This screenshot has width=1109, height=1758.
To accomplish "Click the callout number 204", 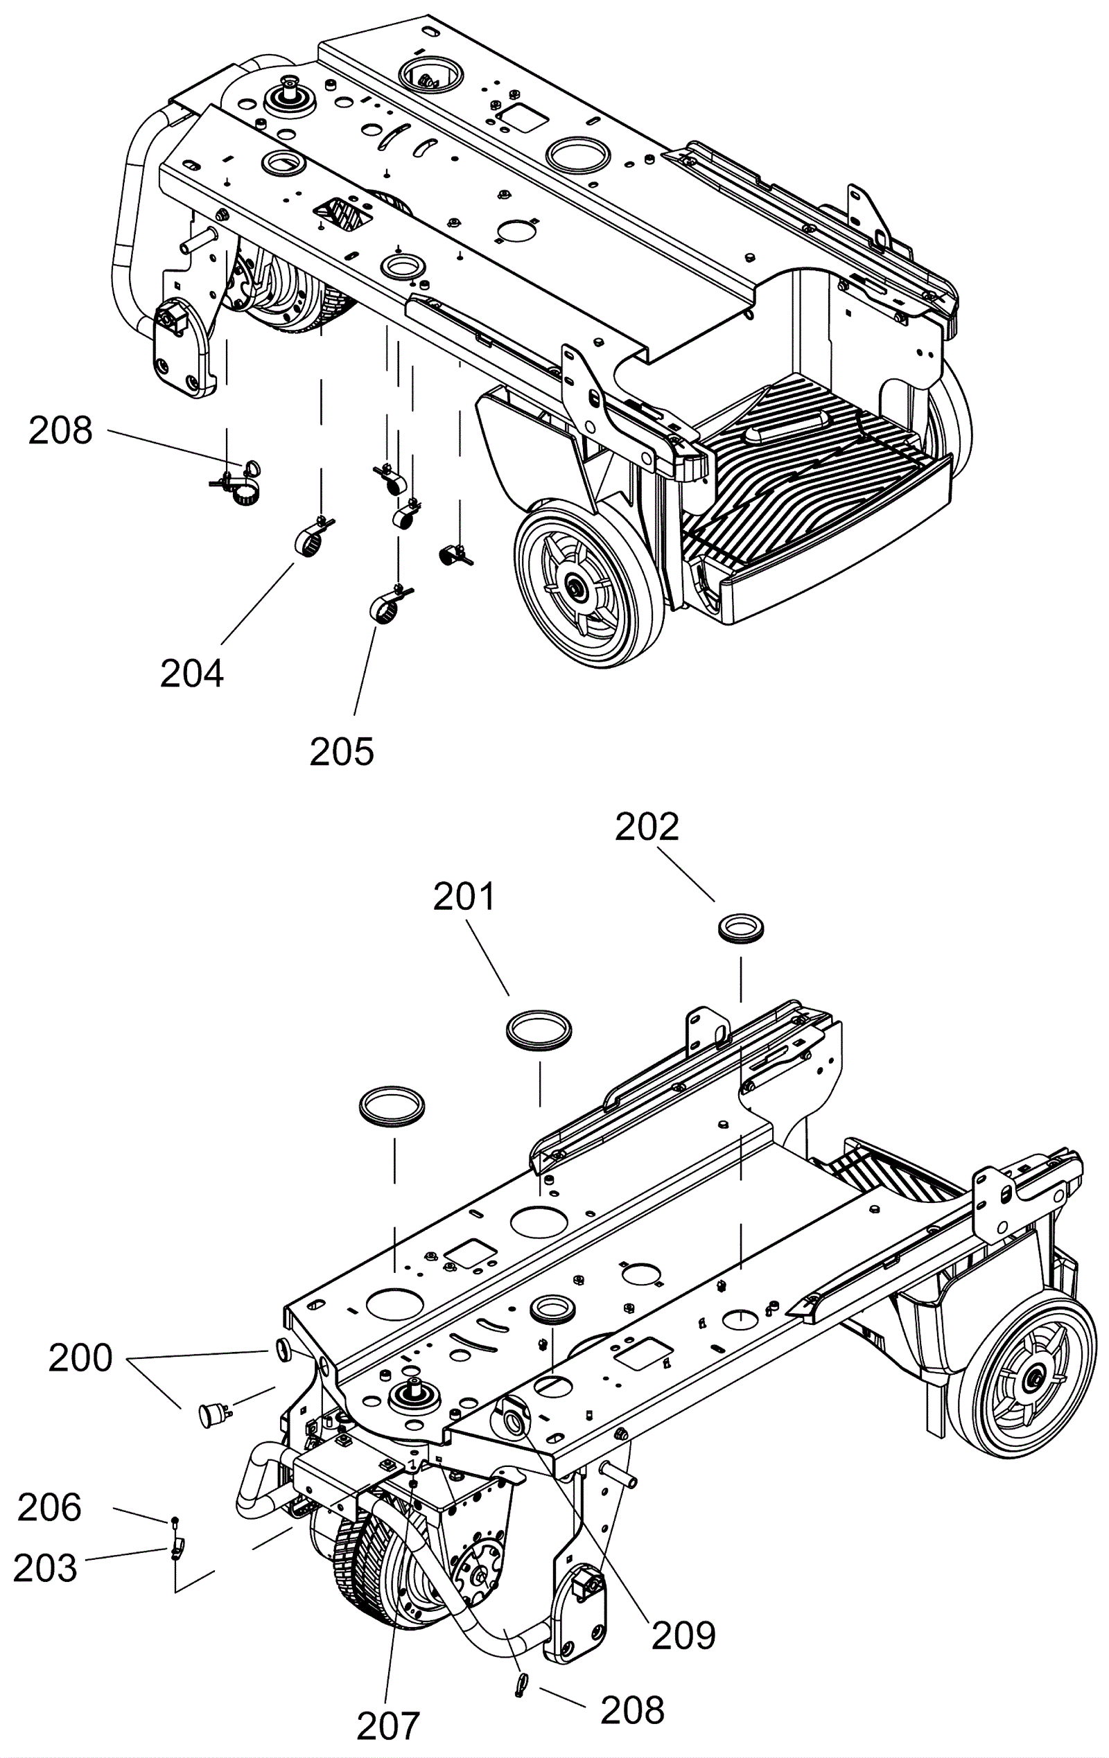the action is [x=192, y=673].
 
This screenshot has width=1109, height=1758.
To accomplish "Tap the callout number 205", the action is [x=342, y=751].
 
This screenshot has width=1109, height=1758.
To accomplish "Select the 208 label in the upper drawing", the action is [x=60, y=430].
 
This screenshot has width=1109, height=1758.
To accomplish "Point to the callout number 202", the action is [x=647, y=827].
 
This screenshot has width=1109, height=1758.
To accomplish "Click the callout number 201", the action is [x=464, y=896].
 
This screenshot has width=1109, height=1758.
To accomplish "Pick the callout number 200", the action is [x=80, y=1358].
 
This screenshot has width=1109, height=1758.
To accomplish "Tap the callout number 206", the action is [x=49, y=1508].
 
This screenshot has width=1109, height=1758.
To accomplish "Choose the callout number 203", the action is [x=45, y=1568].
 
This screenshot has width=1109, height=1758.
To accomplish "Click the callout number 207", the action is [x=388, y=1727].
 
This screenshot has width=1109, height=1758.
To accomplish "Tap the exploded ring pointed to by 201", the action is [x=539, y=1030].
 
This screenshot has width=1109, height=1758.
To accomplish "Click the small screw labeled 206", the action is [x=175, y=1521].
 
